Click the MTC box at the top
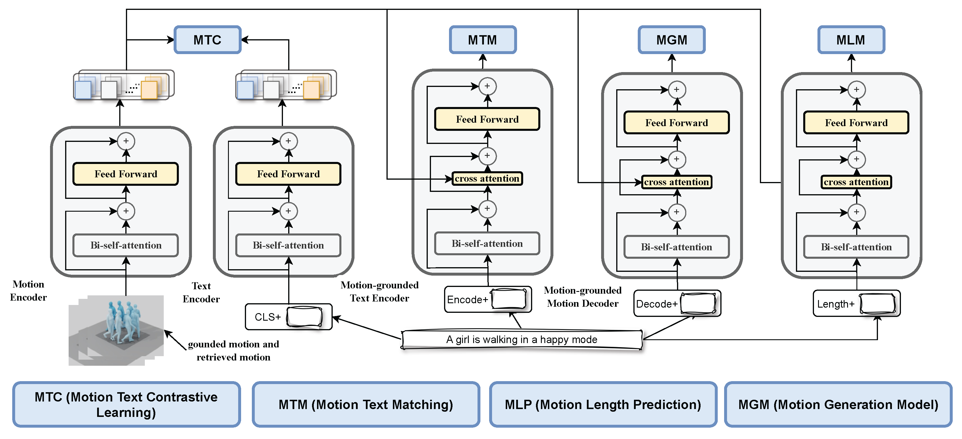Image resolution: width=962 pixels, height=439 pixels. pyautogui.click(x=207, y=40)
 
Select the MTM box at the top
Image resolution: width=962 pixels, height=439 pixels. pyautogui.click(x=482, y=40)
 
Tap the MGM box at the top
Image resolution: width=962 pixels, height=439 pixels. pyautogui.click(x=671, y=40)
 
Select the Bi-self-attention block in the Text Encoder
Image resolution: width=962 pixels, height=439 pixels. pyautogui.click(x=288, y=245)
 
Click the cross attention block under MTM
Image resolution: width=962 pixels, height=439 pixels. pyautogui.click(x=487, y=179)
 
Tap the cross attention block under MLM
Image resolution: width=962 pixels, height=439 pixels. pyautogui.click(x=856, y=182)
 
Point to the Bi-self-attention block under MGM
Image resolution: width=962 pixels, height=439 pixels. pyautogui.click(x=676, y=247)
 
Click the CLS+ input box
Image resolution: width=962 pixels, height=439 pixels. pyautogui.click(x=288, y=317)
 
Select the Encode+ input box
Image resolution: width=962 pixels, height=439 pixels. pyautogui.click(x=487, y=299)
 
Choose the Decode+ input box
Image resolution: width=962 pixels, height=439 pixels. pyautogui.click(x=677, y=304)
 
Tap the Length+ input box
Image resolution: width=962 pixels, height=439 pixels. pyautogui.click(x=856, y=304)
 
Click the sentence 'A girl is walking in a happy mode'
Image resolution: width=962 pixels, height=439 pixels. pyautogui.click(x=522, y=339)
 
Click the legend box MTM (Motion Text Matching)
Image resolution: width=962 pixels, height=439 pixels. pyautogui.click(x=366, y=405)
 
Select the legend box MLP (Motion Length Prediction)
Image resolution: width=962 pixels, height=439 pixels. pyautogui.click(x=603, y=405)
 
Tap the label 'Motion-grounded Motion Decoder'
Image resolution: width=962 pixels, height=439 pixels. pyautogui.click(x=582, y=297)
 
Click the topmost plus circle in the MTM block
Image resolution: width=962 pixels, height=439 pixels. pyautogui.click(x=487, y=86)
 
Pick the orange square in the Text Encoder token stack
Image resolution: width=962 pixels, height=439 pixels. pyautogui.click(x=311, y=90)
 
